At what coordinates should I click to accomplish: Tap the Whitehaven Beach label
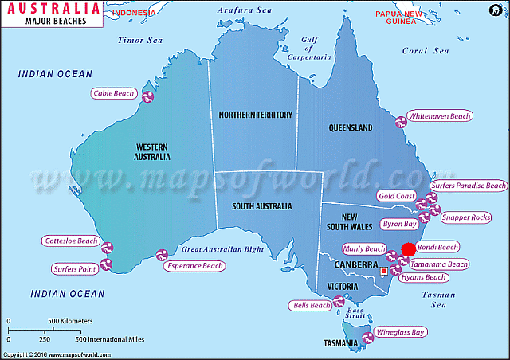439,116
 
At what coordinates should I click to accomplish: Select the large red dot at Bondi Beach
408,249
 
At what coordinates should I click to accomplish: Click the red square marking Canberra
384,272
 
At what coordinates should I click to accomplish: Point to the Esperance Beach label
195,266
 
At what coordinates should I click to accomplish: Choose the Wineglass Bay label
400,331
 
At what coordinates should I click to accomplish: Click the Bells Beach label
312,305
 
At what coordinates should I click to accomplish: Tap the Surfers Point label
75,269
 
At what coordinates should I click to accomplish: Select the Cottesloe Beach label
71,241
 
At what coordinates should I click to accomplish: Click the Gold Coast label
397,196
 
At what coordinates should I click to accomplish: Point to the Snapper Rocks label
466,217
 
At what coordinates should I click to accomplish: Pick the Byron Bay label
399,225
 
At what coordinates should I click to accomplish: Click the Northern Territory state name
255,115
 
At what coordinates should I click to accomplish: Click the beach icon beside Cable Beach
147,96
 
